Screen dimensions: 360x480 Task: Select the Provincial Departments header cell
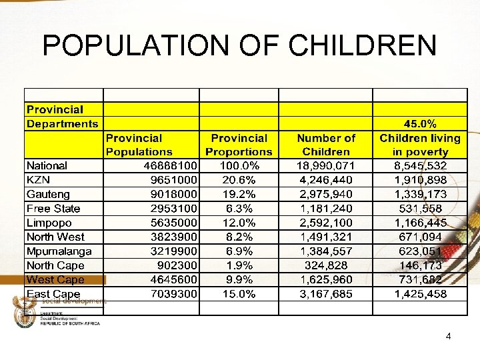click(62, 117)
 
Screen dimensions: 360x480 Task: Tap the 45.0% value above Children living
click(420, 124)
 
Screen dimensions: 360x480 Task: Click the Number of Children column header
click(326, 145)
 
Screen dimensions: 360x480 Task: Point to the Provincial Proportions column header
click(239, 145)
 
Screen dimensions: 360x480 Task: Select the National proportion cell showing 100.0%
click(239, 166)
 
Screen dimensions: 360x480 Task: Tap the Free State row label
click(53, 209)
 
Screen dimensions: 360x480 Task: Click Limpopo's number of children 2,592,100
click(326, 223)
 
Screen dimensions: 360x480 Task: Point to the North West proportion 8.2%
click(239, 237)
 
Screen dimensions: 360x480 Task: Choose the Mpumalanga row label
click(59, 251)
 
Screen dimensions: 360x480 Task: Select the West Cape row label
click(55, 280)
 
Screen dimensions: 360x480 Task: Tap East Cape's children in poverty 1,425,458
click(420, 294)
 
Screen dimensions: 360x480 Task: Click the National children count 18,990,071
click(326, 166)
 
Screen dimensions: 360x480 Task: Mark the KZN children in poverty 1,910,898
click(420, 180)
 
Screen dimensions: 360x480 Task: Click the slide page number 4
click(449, 336)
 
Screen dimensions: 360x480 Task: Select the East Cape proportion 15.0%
click(239, 294)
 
